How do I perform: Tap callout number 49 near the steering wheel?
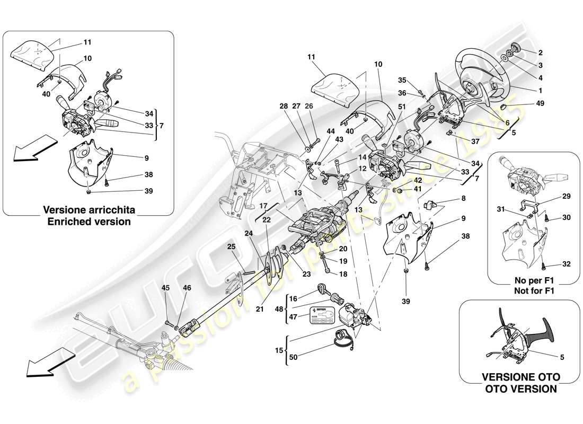tap(540, 104)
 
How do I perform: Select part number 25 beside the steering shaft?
tap(231, 247)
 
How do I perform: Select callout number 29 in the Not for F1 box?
tap(551, 197)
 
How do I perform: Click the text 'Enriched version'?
tap(89, 222)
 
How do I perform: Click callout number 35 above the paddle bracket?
tap(402, 80)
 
